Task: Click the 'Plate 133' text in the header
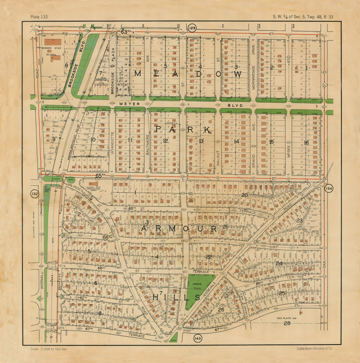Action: pyautogui.click(x=39, y=17)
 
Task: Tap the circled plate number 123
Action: pyautogui.click(x=192, y=28)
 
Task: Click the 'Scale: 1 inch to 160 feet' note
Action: pyautogui.click(x=49, y=349)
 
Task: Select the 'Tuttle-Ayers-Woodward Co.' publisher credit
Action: pyautogui.click(x=315, y=349)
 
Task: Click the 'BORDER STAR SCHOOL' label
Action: pyautogui.click(x=53, y=51)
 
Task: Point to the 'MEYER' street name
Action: pyautogui.click(x=130, y=104)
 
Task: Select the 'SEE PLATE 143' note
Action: pyautogui.click(x=287, y=318)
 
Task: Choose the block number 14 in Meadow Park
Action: pyautogui.click(x=236, y=142)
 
